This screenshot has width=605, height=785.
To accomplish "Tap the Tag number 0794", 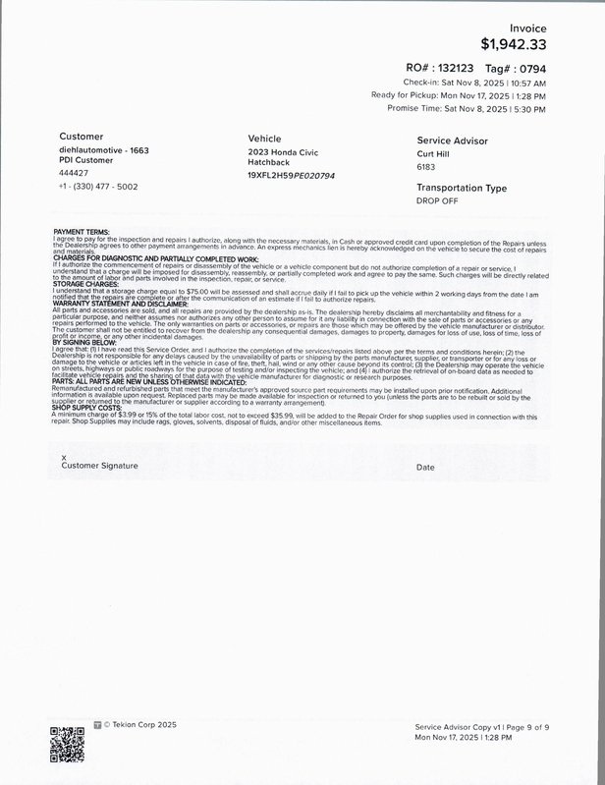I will click(533, 68).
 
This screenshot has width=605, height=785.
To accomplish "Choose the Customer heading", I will click(82, 137).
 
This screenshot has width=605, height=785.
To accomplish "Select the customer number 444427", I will click(74, 172).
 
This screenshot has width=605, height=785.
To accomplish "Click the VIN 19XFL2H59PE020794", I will click(291, 175).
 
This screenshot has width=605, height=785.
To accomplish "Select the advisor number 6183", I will click(426, 167).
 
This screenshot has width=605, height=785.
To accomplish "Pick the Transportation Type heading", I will click(462, 187).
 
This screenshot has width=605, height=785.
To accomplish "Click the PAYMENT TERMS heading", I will click(82, 232).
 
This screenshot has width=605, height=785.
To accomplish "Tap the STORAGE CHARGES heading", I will click(87, 285).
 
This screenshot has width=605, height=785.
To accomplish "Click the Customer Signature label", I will click(99, 465).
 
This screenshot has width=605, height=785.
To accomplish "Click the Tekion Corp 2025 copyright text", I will click(137, 725).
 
